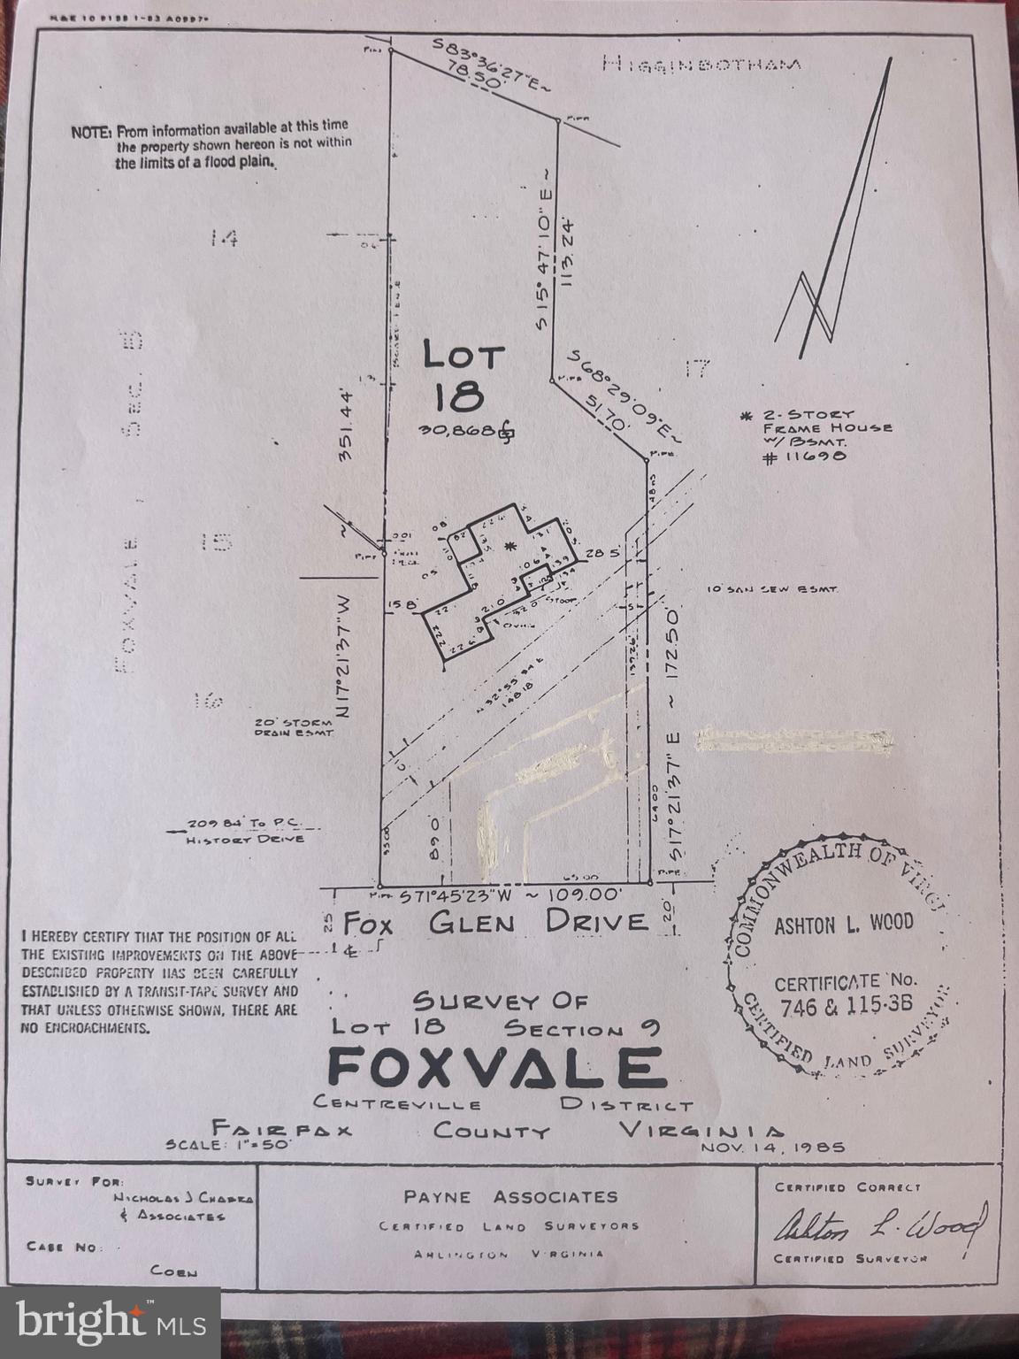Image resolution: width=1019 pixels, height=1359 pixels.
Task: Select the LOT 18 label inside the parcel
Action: pyautogui.click(x=464, y=376)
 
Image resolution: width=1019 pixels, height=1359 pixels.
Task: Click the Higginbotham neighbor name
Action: pyautogui.click(x=701, y=64)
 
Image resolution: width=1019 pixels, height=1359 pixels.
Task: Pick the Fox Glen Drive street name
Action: pyautogui.click(x=495, y=923)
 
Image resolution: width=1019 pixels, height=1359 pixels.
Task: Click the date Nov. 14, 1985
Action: pyautogui.click(x=772, y=1147)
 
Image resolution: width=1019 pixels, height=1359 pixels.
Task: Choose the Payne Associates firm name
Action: pyautogui.click(x=510, y=1197)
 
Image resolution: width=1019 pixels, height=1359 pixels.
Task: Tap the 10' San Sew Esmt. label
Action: pyautogui.click(x=772, y=588)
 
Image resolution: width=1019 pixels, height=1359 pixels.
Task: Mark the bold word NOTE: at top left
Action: pyautogui.click(x=91, y=132)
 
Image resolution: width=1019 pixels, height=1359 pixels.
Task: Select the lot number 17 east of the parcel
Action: pyautogui.click(x=697, y=368)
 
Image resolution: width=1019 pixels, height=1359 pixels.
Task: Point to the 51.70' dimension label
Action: pyautogui.click(x=607, y=412)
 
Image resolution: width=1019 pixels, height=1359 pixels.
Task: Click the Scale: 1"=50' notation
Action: pyautogui.click(x=228, y=1144)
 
